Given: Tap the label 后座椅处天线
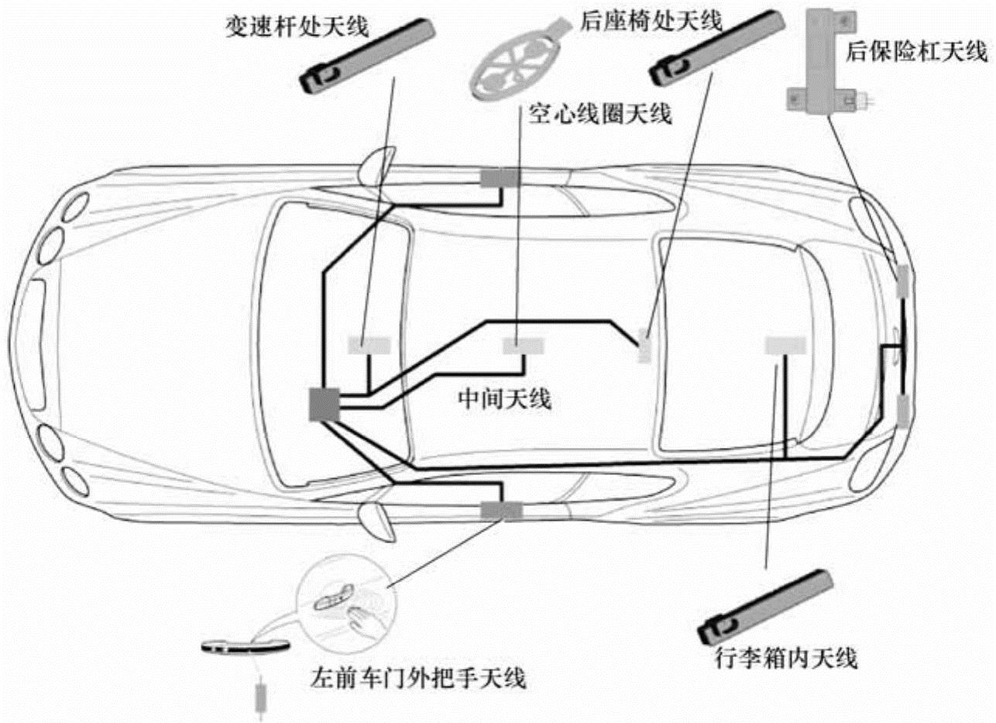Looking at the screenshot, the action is point(651,20).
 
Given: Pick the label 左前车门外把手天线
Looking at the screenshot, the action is point(417,680).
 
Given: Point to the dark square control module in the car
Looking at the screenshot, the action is point(324,404).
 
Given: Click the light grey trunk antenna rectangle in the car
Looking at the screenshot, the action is point(785,345).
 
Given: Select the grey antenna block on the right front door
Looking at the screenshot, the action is point(500,178).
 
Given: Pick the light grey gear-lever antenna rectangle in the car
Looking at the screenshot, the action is point(369,345).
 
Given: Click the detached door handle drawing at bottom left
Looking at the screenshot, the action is point(244,646).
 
